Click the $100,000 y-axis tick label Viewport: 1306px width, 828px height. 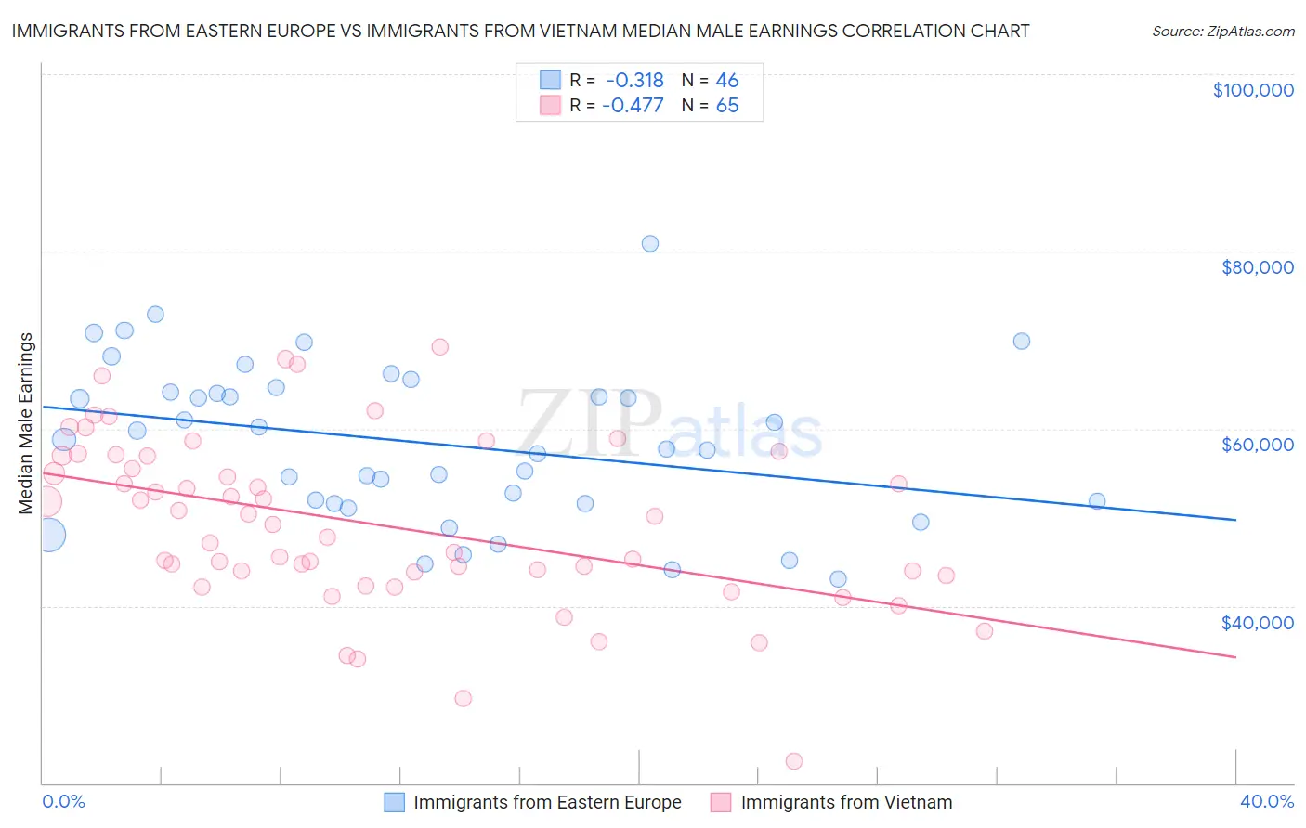pyautogui.click(x=1252, y=90)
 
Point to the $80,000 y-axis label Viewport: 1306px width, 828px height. pyautogui.click(x=1257, y=267)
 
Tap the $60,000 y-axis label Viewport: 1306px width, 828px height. pyautogui.click(x=1257, y=445)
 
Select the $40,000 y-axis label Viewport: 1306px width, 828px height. pyautogui.click(x=1257, y=623)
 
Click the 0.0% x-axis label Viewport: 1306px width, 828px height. pyautogui.click(x=63, y=801)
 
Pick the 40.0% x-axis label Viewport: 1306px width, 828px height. pyautogui.click(x=1266, y=801)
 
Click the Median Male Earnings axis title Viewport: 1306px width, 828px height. pyautogui.click(x=26, y=423)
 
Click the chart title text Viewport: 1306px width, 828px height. pyautogui.click(x=520, y=31)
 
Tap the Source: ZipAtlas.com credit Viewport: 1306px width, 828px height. pyautogui.click(x=1222, y=31)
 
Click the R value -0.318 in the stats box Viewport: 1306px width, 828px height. pyautogui.click(x=634, y=81)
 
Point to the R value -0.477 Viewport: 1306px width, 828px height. pyautogui.click(x=633, y=106)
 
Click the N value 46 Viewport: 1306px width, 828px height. pyautogui.click(x=726, y=81)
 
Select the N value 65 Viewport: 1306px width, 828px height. pyautogui.click(x=726, y=106)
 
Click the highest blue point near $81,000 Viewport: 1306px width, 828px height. pyautogui.click(x=650, y=244)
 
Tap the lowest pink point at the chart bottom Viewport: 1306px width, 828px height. pyautogui.click(x=794, y=761)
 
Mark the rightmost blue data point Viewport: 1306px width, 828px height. pyautogui.click(x=1097, y=501)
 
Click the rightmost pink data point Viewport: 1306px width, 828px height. pyautogui.click(x=985, y=631)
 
